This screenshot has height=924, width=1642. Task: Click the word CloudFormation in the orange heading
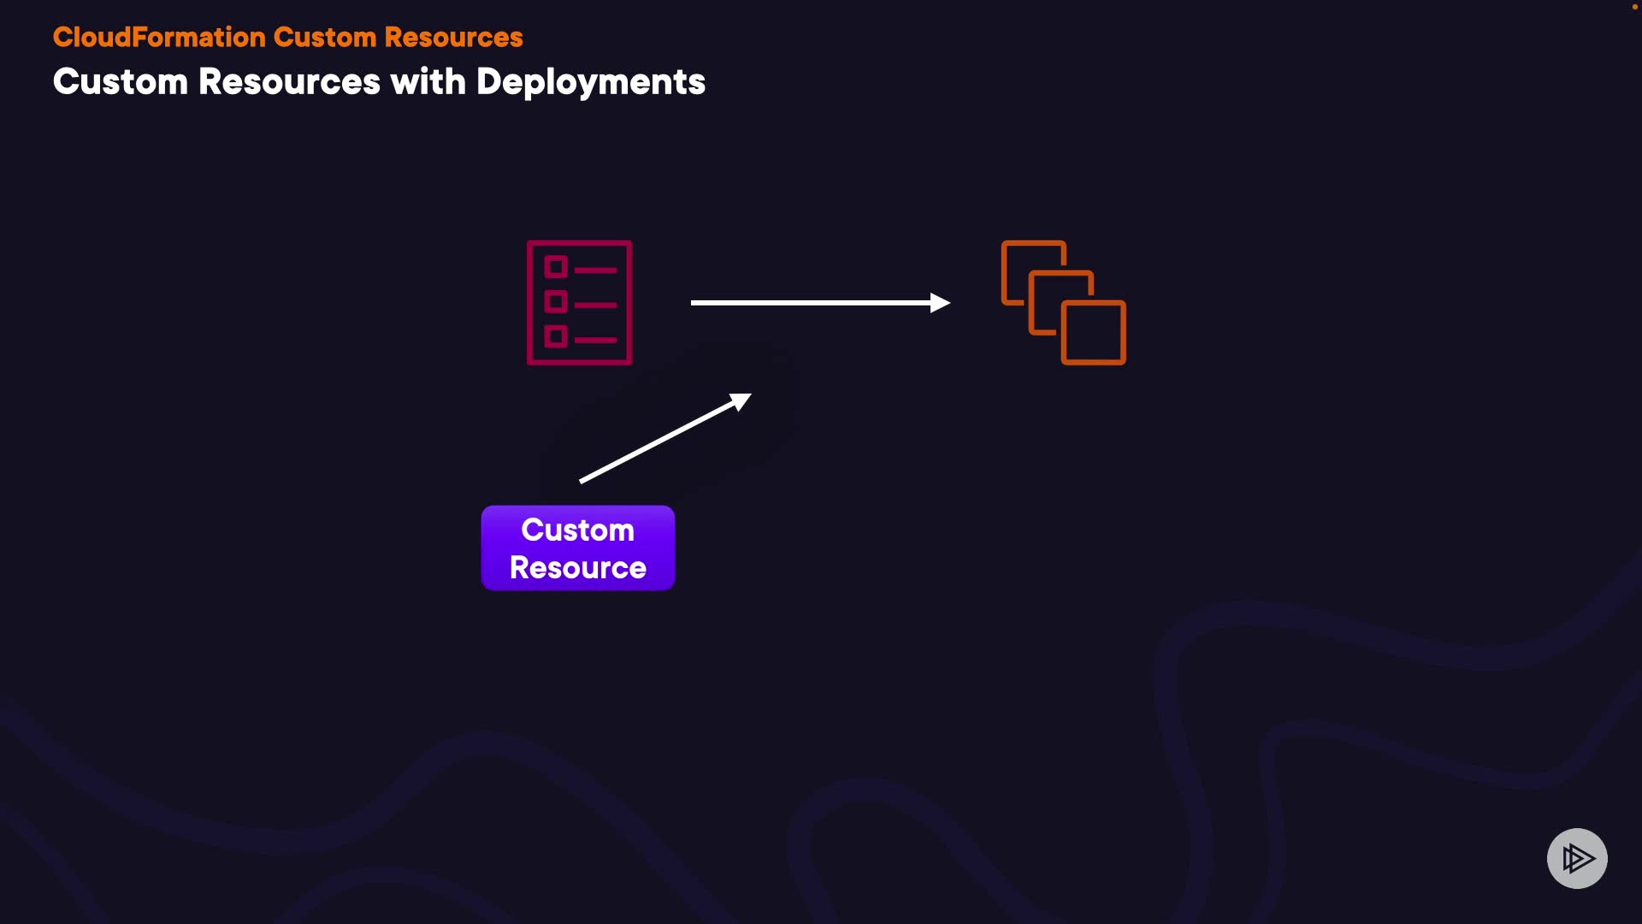pos(159,38)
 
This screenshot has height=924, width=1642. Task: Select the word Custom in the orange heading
pos(325,38)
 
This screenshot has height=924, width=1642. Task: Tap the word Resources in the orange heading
pos(453,38)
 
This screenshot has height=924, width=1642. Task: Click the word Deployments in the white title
pos(590,82)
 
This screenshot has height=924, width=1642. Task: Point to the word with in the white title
pos(428,82)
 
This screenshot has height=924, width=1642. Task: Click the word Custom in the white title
pos(120,82)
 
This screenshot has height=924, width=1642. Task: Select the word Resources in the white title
pos(289,82)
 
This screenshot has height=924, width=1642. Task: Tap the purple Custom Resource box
pos(578,548)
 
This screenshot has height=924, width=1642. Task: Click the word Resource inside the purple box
pos(578,568)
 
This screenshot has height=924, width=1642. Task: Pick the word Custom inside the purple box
pos(578,530)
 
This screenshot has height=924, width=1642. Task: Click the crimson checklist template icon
pos(580,303)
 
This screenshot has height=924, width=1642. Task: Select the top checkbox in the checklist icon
pos(556,267)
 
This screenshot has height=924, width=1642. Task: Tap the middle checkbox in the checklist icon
pos(556,302)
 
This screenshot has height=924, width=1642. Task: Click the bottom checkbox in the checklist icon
pos(556,336)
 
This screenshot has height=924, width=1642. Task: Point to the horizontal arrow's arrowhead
pos(941,303)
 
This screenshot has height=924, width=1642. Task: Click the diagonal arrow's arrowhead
pos(741,400)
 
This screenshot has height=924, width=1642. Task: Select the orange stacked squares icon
pos(1064,303)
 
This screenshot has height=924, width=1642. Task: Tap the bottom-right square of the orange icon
pos(1094,332)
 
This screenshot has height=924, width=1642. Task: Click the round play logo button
pos(1577,858)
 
